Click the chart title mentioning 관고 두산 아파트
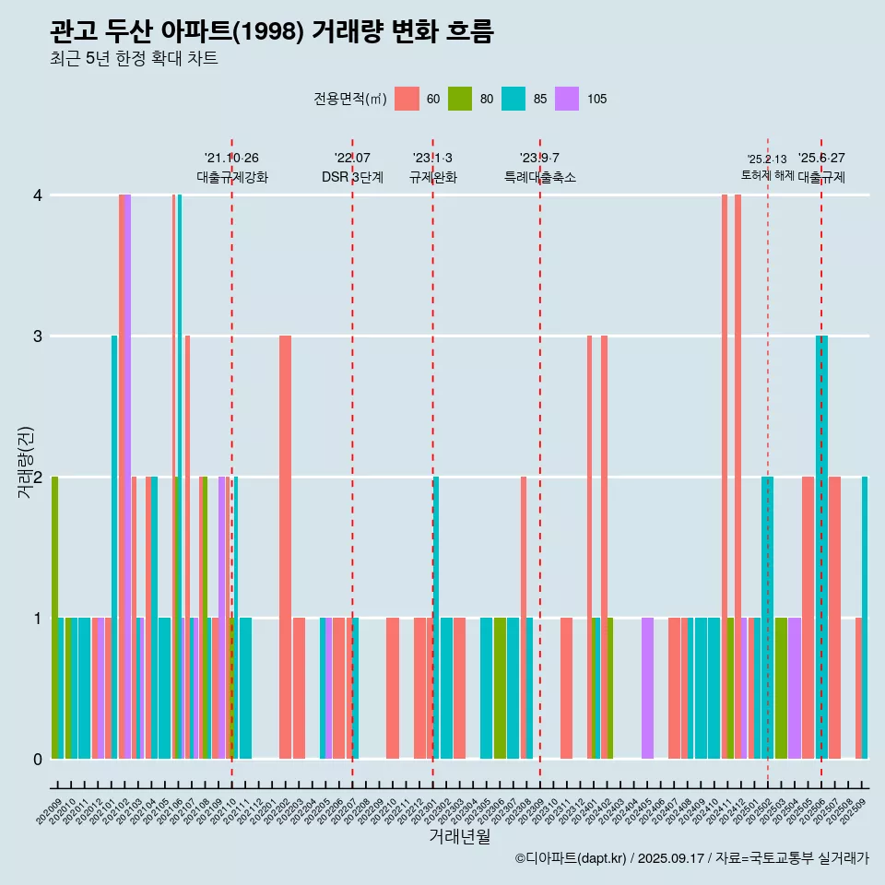pos(272,32)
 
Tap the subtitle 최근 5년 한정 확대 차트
pos(134,59)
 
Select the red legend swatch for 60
pos(407,99)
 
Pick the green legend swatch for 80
pos(460,99)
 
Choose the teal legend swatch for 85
pos(513,99)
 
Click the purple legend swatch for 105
pos(567,99)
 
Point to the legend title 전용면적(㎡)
pos(349,99)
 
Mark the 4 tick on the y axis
pos(38,195)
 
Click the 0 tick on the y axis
pos(38,759)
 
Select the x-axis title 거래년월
pos(459,836)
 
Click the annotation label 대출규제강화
pos(231,177)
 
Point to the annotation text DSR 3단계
pos(352,177)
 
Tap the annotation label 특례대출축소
pos(539,177)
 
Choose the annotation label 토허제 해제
pos(767,175)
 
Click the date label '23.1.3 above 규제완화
pos(432,158)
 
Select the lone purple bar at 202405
pos(647,688)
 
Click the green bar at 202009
pos(55,618)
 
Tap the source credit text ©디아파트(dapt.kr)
pos(572,858)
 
